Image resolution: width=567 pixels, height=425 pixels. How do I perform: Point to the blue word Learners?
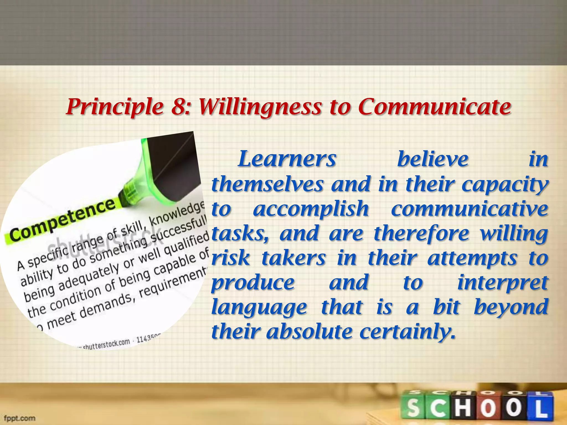tap(287, 159)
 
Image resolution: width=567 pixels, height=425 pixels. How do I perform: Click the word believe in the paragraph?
tap(433, 159)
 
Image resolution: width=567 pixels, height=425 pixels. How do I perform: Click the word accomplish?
tap(311, 209)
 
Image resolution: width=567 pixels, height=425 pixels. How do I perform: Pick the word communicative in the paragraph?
tap(469, 209)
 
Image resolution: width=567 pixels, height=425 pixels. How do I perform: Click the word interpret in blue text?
tap(502, 283)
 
